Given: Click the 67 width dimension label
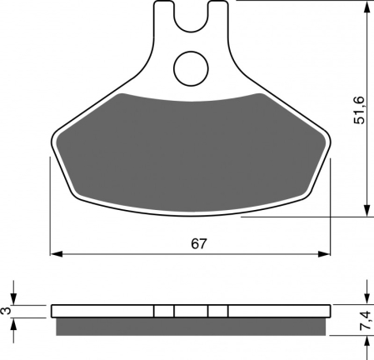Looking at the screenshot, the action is pos(199,244).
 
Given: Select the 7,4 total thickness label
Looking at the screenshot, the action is pos(365,321).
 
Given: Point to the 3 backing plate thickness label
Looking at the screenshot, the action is pos(7,310).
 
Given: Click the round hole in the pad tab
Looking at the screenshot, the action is pos(191,68).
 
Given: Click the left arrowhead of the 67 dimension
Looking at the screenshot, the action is pos(57,253).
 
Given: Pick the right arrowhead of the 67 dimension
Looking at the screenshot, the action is pos(324,253).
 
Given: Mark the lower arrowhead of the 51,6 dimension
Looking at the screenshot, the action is pos(367,210).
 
